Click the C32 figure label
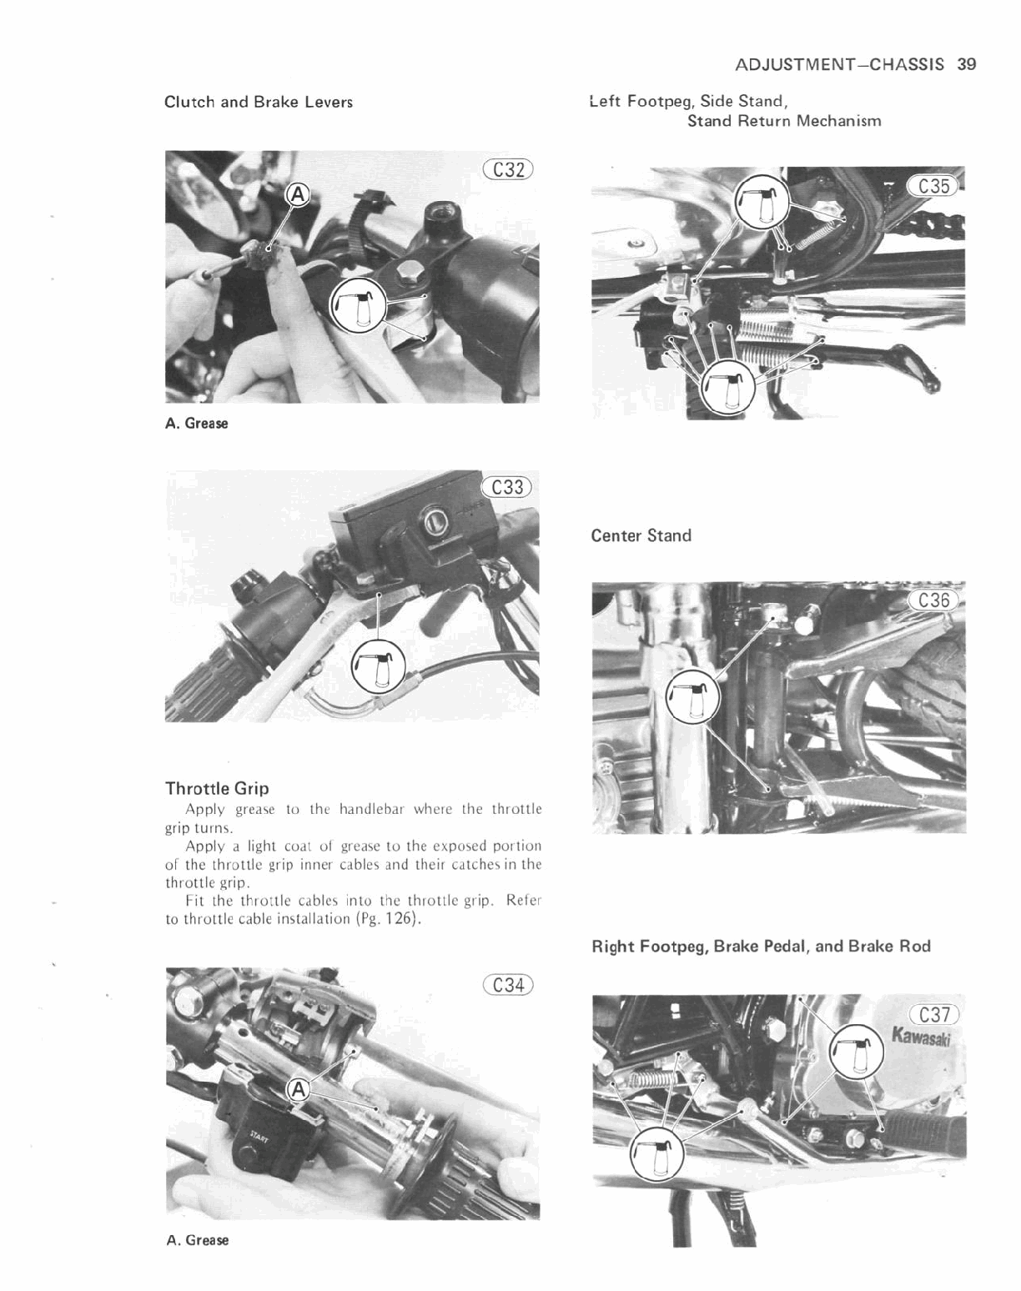pyautogui.click(x=508, y=170)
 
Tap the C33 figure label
pyautogui.click(x=508, y=486)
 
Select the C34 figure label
pyautogui.click(x=508, y=985)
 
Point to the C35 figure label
pyautogui.click(x=933, y=186)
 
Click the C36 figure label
pyautogui.click(x=933, y=600)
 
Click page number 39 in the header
pyautogui.click(x=967, y=64)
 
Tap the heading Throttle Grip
pyautogui.click(x=217, y=788)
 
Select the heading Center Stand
pyautogui.click(x=641, y=535)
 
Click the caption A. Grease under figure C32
pyautogui.click(x=196, y=423)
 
